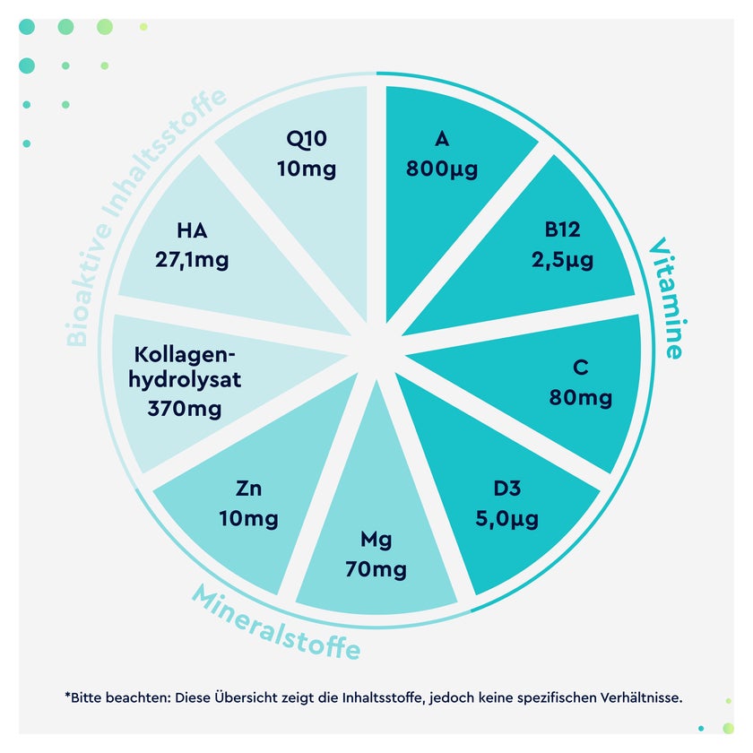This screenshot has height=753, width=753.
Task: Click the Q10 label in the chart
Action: pos(307,139)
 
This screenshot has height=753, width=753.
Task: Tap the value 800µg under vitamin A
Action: pos(442,169)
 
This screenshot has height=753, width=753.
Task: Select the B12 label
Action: pos(562,229)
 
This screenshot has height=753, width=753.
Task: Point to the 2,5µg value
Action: pos(562,260)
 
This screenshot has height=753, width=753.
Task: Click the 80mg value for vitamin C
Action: pos(581,398)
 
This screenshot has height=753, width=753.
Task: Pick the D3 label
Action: pos(507,489)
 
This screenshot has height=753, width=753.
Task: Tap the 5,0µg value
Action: pos(507,519)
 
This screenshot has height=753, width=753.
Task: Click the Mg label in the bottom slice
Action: pos(376,541)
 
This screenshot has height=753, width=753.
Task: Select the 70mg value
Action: pos(376,570)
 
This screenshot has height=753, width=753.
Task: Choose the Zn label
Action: pos(249,489)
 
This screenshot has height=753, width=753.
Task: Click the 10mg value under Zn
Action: pos(249,519)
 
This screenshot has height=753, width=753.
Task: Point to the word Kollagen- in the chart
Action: pos(185,355)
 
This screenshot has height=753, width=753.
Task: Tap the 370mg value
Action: pos(185,409)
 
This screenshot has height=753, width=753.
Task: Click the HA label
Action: pos(192,230)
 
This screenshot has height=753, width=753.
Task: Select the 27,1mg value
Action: pos(192,260)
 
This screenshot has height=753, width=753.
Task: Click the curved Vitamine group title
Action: pos(668,298)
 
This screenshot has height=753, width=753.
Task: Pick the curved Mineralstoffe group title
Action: pos(276,622)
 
